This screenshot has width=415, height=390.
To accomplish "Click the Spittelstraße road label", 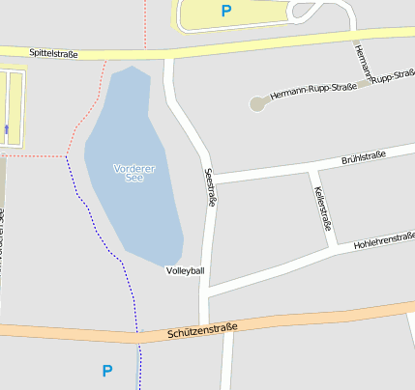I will (53, 54).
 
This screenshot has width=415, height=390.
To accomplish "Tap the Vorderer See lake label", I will (134, 173).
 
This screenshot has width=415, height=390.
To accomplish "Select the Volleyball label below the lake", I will (185, 270).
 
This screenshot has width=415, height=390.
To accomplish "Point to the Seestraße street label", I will (212, 189).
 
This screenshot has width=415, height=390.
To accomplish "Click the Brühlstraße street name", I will (364, 157).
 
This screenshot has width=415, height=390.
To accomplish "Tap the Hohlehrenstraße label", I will (384, 240).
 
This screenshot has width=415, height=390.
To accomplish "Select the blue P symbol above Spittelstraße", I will (226, 12).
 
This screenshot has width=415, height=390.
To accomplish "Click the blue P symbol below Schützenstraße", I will (107, 371).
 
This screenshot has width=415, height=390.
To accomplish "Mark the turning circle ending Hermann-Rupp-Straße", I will (257, 101).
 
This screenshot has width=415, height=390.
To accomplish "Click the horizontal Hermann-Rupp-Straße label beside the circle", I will (313, 92).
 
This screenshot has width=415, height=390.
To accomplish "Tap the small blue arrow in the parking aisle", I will (7, 128).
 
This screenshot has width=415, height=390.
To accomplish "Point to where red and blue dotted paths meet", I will (66, 155).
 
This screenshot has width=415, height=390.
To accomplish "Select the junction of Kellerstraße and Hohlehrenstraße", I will (334, 248).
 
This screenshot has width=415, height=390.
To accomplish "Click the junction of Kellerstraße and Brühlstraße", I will (311, 167).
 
